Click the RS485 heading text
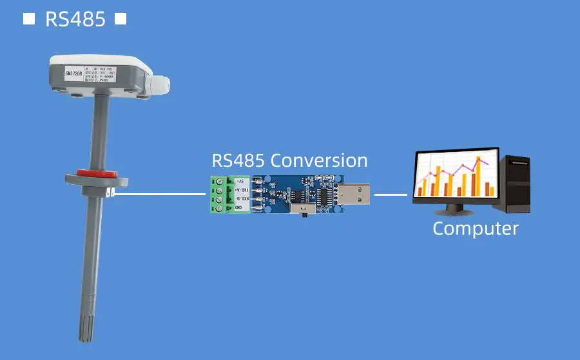75,19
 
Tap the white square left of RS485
29,19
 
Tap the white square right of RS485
121,19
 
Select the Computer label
475,228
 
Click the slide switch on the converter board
301,211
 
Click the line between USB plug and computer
391,193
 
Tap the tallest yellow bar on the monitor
478,174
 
